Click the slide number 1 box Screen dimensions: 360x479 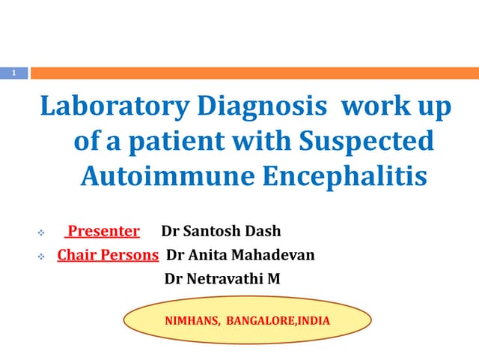(13, 73)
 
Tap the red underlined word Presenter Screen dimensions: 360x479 (104, 231)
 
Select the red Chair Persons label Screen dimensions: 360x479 (108, 255)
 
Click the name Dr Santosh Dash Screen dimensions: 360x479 (217, 231)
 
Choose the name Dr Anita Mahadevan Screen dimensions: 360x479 (240, 255)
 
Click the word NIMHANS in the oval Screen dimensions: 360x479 (192, 321)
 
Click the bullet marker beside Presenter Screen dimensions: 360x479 (41, 232)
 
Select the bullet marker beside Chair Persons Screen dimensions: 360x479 (41, 256)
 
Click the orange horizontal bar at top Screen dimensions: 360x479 (254, 73)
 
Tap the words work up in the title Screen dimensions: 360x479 (397, 107)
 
